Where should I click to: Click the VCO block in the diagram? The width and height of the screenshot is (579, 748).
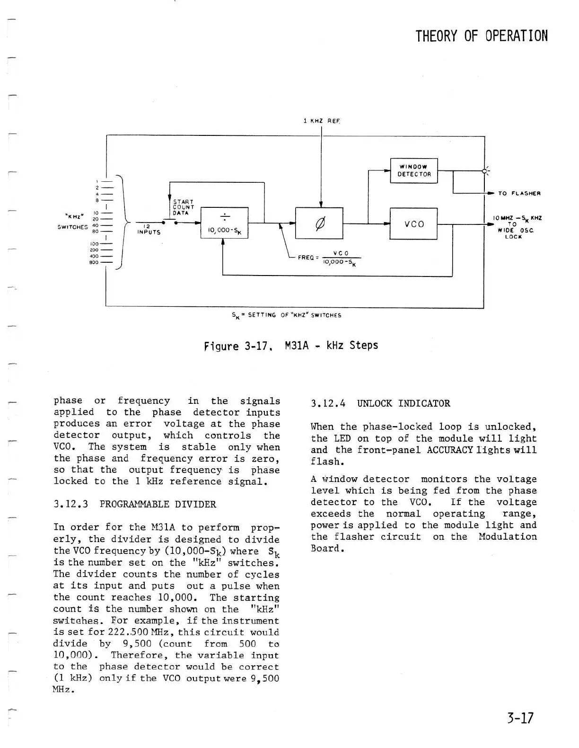pos(413,224)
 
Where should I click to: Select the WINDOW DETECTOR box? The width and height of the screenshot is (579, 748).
pos(414,170)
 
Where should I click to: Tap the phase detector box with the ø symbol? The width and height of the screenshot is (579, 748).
pos(319,223)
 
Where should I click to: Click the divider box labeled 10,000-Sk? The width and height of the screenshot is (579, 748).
pos(224,223)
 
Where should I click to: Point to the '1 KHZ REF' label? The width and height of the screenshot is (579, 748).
pos(322,121)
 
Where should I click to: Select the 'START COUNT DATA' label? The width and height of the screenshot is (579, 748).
pos(184,207)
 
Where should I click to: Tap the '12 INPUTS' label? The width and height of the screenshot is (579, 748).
pos(149,230)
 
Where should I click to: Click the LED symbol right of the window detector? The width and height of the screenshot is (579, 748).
pos(484,171)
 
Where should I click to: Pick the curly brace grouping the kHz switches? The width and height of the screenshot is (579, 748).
pos(124,222)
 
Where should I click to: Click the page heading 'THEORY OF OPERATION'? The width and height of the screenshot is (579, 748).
pos(482,36)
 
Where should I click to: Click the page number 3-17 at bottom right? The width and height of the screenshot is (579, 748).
pos(519,718)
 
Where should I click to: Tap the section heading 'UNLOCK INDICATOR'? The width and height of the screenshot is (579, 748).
pos(403,404)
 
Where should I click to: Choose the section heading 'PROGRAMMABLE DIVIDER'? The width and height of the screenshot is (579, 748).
pos(158,504)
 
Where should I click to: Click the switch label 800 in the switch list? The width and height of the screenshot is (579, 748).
pos(94,262)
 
